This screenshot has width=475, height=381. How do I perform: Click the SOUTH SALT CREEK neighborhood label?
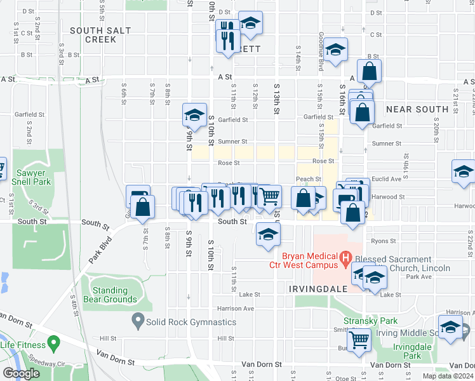(x=93, y=35)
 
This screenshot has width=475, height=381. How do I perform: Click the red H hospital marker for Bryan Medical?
(x=345, y=258)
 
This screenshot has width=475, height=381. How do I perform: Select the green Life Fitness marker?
(x=53, y=345)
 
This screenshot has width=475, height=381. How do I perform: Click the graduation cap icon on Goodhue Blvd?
(x=337, y=49)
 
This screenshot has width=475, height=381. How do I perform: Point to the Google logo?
(x=21, y=373)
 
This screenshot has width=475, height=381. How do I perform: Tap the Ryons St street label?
(x=384, y=241)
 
